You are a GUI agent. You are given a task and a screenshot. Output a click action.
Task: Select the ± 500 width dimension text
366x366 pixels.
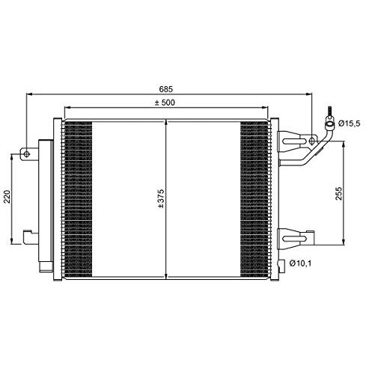click(x=165, y=103)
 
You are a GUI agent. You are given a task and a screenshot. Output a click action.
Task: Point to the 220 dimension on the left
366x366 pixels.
click(x=6, y=198)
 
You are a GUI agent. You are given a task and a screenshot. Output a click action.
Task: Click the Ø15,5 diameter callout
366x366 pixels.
click(x=349, y=123)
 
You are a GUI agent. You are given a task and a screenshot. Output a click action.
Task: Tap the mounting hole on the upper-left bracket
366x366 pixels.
click(x=27, y=155)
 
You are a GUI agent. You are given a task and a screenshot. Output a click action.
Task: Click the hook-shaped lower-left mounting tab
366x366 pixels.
click(x=29, y=237)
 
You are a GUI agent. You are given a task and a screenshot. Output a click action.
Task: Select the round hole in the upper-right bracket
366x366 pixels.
click(x=313, y=141)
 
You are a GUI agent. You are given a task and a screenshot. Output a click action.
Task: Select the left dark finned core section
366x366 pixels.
click(x=79, y=197)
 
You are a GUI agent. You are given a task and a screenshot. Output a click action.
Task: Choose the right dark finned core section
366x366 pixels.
click(x=254, y=197)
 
